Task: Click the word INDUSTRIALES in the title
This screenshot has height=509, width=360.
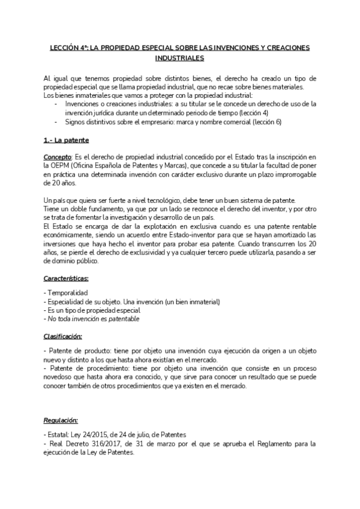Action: tap(179, 58)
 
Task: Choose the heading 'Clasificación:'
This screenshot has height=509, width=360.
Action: tap(63, 336)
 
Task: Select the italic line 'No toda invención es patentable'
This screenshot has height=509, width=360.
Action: tap(94, 319)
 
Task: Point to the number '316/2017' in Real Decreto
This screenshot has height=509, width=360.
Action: tap(104, 444)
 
